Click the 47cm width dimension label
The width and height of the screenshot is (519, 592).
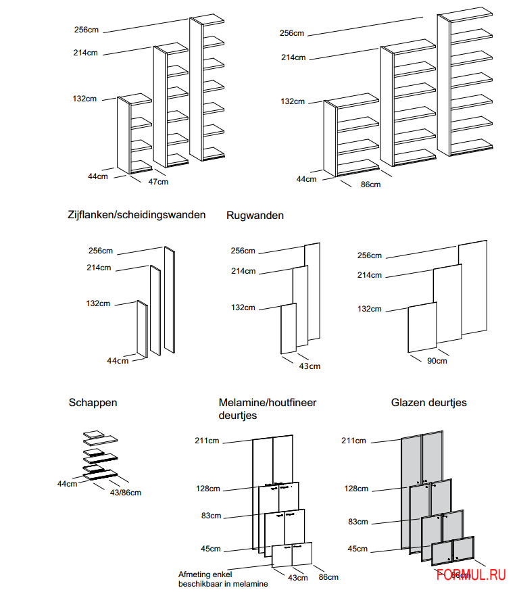[158, 182]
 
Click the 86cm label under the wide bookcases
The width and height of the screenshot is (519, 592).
[370, 184]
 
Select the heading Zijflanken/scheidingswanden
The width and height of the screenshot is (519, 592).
[137, 215]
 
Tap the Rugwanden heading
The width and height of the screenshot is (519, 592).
[255, 216]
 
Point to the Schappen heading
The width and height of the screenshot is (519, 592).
[93, 402]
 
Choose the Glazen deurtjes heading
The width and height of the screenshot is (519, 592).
[428, 402]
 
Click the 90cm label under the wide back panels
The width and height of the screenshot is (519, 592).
[437, 361]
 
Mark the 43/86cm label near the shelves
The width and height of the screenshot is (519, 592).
[126, 492]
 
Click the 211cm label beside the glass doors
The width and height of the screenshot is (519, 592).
[353, 441]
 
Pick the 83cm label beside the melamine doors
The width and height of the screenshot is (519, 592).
[211, 516]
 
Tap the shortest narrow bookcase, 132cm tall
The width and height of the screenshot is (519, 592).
[134, 134]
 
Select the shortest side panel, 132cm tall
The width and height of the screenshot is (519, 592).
[142, 329]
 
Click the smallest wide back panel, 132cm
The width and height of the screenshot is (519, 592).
[422, 327]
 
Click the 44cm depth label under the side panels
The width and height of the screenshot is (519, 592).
[118, 360]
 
